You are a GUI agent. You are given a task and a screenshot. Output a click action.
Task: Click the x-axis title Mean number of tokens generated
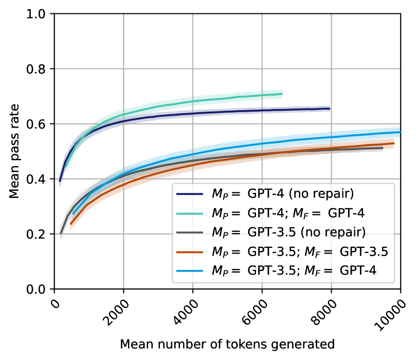coord(227,343)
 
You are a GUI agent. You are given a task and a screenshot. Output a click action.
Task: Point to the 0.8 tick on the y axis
coord(40,69)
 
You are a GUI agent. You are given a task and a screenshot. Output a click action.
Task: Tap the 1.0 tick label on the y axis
coord(40,14)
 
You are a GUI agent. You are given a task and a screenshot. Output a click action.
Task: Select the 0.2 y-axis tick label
coord(40,234)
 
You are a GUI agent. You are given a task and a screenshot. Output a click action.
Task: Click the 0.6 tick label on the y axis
coord(40,124)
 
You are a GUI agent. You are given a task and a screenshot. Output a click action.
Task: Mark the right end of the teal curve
coord(282,94)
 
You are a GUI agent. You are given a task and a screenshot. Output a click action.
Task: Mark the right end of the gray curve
coord(383,148)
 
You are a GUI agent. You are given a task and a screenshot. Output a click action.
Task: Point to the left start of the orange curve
coord(70,224)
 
